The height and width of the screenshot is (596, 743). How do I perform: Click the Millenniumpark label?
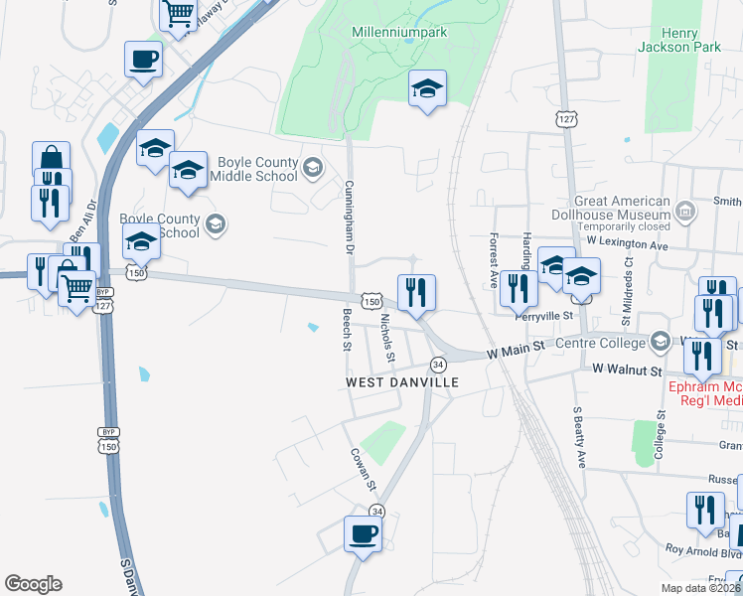click(x=399, y=33)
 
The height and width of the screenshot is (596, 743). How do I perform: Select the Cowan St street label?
click(x=363, y=469)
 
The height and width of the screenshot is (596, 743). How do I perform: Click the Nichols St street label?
click(x=388, y=338)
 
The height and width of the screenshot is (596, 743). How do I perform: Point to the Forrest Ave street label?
click(x=493, y=259)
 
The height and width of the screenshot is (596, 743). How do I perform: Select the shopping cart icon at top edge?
click(x=178, y=14)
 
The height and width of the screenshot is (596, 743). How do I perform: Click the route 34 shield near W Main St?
click(x=437, y=365)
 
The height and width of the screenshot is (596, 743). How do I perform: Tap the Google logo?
click(x=33, y=584)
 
